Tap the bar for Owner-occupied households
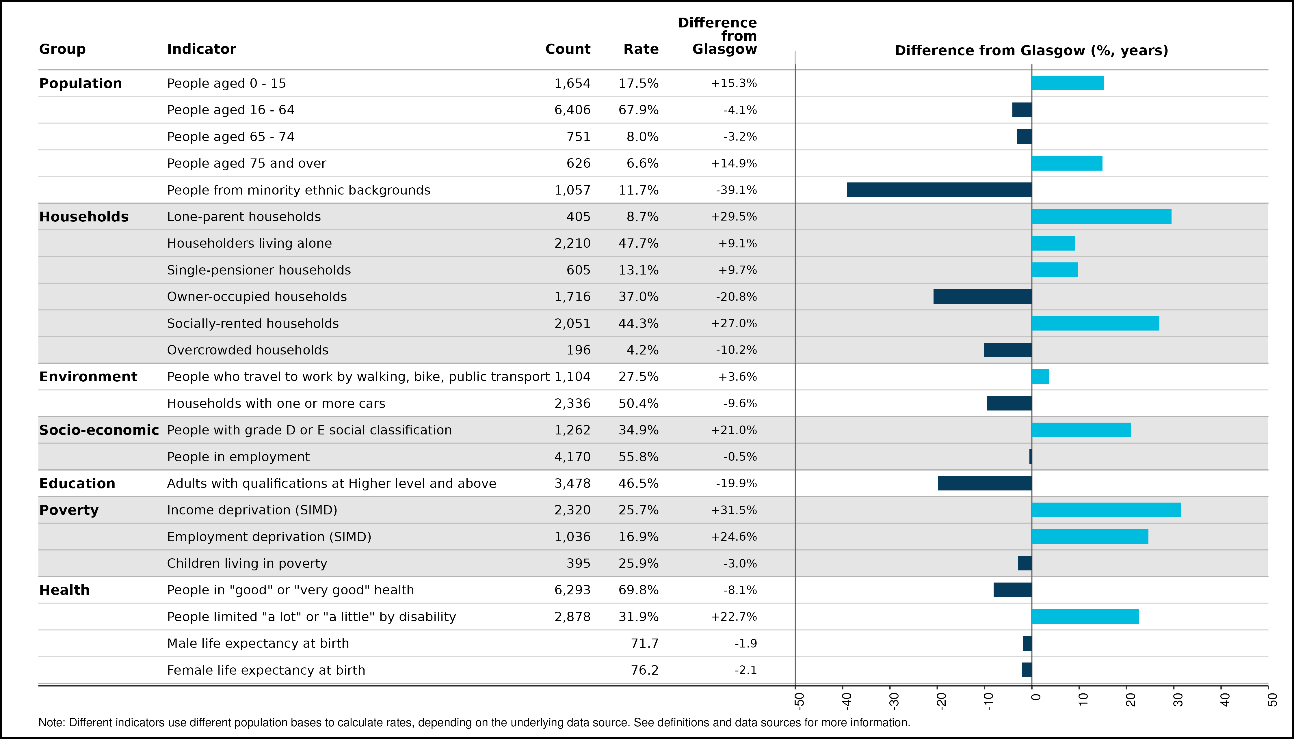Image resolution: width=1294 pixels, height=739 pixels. (983, 296)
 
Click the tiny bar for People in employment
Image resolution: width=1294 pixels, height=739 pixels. (1030, 457)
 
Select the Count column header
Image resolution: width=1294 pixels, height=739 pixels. (568, 49)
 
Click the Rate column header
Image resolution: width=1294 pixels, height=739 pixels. (641, 49)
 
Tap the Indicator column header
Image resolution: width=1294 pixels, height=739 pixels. (202, 49)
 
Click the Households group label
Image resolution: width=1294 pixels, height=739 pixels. (84, 217)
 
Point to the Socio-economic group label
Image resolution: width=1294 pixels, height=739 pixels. (99, 430)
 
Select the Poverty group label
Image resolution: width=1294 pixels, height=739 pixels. (69, 510)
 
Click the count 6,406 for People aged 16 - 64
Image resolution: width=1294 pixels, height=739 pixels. (572, 110)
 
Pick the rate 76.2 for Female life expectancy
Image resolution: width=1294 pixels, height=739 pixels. (644, 670)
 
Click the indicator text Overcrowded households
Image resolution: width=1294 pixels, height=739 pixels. (248, 350)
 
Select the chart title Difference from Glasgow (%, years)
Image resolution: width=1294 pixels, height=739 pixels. (1031, 51)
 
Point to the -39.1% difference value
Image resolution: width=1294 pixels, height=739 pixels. (736, 190)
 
